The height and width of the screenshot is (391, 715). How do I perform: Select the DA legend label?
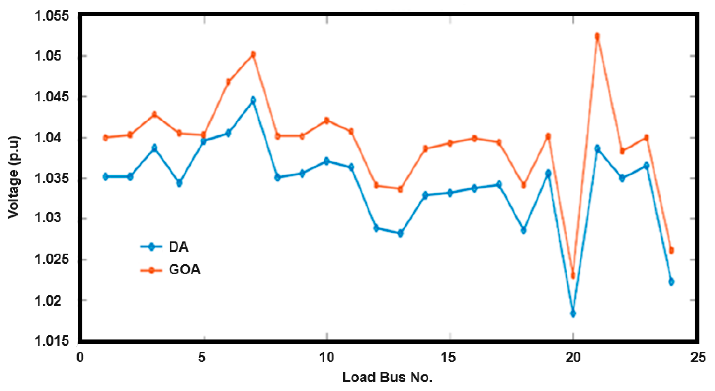point(178,247)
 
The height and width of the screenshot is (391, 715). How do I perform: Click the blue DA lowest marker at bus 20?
point(573,314)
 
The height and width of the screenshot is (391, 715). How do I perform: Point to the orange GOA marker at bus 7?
point(253,54)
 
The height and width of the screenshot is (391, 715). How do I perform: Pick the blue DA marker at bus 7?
point(253,100)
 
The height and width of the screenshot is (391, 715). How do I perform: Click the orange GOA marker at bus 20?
point(573,275)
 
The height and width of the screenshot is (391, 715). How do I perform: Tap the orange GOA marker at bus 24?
point(671,250)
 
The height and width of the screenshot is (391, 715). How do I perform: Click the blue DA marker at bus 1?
point(105,176)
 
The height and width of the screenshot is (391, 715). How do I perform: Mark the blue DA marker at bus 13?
point(400,234)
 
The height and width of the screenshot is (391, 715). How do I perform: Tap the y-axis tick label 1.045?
point(52,97)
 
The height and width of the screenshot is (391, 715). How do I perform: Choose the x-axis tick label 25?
point(698,357)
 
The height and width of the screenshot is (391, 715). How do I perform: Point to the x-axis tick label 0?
point(80,357)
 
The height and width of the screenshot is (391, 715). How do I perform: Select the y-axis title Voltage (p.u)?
point(13,178)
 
